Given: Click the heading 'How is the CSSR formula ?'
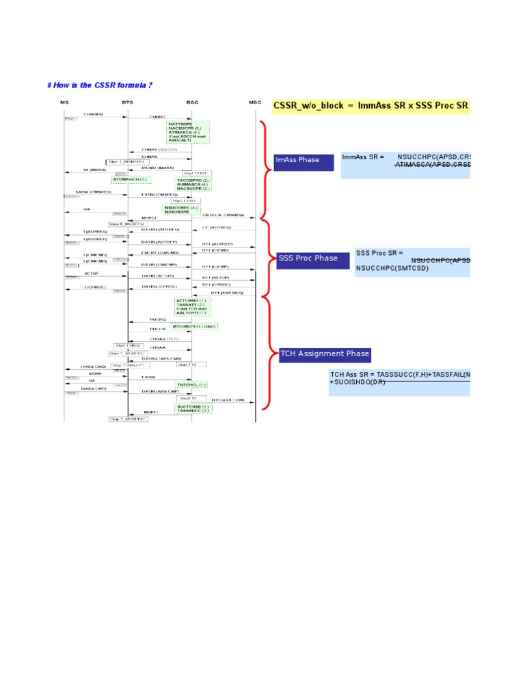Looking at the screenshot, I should coord(99,85).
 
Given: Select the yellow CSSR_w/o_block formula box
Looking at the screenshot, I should coord(371,106).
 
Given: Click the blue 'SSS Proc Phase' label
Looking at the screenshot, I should coord(312,260).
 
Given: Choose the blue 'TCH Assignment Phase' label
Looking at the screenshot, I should coord(325,354).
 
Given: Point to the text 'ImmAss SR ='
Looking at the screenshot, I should coord(362,157).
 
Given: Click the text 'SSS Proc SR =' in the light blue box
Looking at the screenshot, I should coord(379,253).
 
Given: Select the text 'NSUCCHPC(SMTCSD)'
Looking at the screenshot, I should coord(389,269).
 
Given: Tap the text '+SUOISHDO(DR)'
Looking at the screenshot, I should coord(357,382).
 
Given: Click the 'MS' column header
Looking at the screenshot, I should coord(64,102).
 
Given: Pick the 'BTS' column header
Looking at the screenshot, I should coord(128,102).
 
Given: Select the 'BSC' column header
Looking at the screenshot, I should coord(192,102).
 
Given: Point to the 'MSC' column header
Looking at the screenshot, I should coord(255,102).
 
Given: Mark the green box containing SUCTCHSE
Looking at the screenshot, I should coord(193,408).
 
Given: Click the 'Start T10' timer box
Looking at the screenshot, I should coord(188,365).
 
